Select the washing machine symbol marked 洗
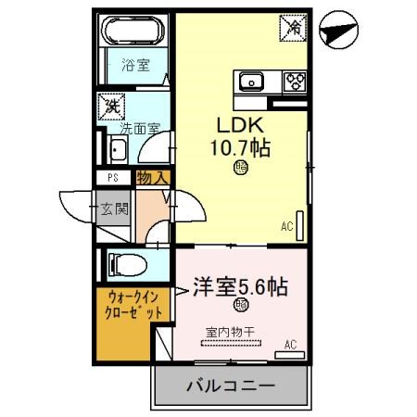112,106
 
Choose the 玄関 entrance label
117,208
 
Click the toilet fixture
127,263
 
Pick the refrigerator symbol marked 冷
292,28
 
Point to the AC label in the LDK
286,224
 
